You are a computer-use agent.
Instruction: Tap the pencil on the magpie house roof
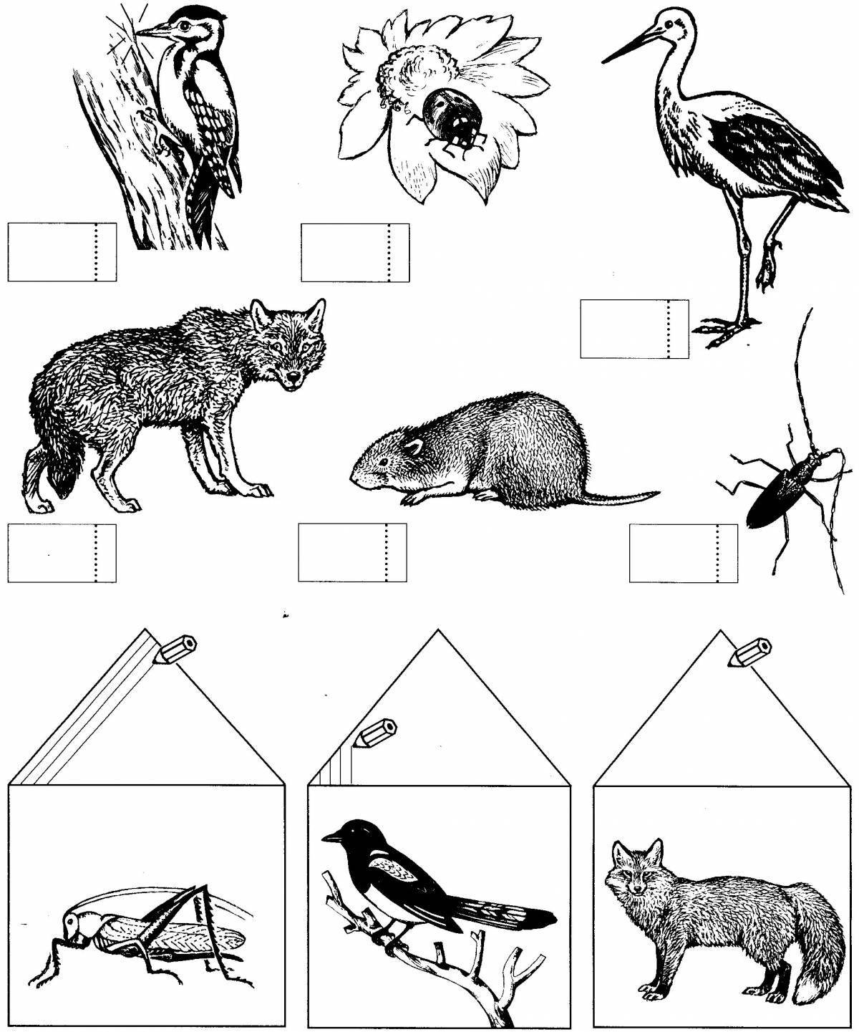tap(379, 730)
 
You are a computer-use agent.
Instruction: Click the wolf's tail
tap(54, 473)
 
